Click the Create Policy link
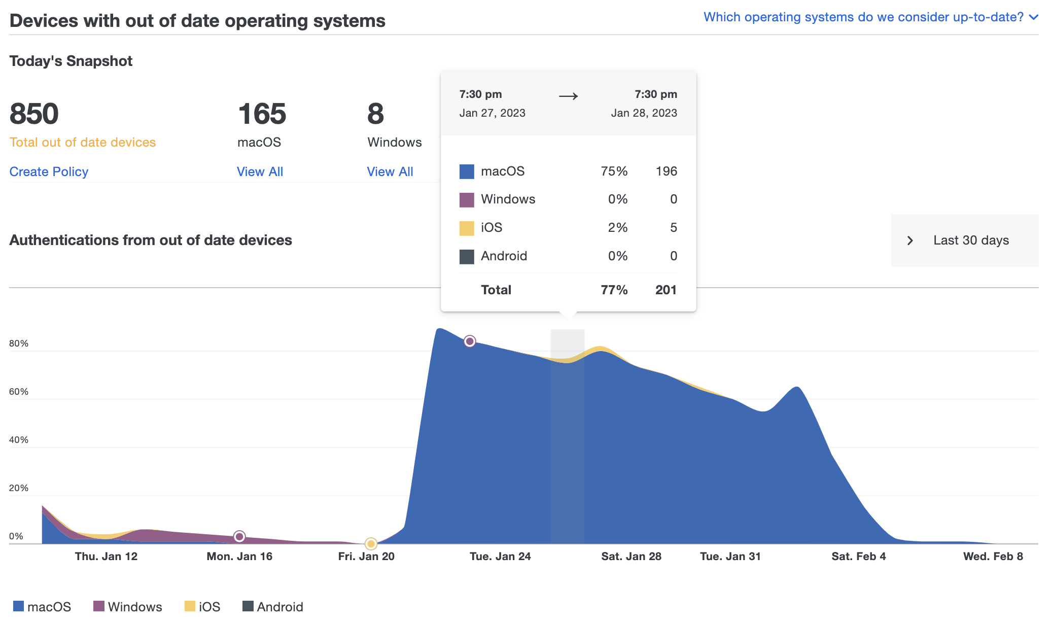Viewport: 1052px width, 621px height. (49, 171)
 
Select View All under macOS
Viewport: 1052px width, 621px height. (260, 171)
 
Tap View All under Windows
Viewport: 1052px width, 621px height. (390, 171)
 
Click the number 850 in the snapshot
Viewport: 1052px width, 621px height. (34, 114)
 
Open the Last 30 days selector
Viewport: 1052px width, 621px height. (964, 240)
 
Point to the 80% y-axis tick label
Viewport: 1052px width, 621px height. (19, 343)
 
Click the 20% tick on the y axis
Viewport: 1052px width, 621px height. (19, 488)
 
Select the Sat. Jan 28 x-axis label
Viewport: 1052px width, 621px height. (631, 556)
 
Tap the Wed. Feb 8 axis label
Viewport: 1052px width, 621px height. (993, 556)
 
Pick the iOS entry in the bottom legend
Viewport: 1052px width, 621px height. (202, 606)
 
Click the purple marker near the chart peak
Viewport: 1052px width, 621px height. (470, 341)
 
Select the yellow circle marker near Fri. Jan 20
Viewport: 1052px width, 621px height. (371, 544)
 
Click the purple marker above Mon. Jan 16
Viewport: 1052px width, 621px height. (239, 536)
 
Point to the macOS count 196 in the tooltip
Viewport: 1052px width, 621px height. (666, 171)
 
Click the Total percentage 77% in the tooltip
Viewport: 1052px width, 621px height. (614, 290)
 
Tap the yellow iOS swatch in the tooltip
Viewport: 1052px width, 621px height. (466, 228)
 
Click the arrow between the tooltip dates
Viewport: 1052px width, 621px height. (568, 96)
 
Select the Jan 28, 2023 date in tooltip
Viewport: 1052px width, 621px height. (644, 113)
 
